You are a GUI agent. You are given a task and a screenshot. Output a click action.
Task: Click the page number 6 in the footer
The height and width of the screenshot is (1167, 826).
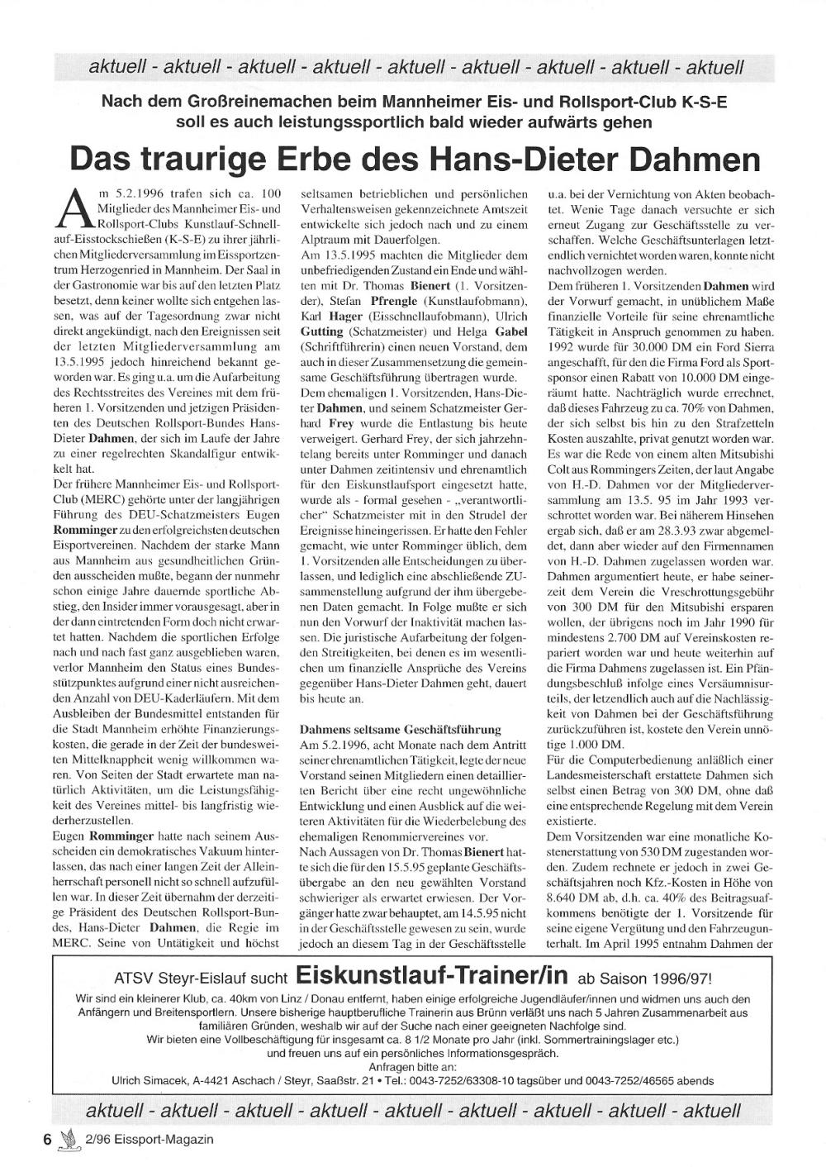[x=48, y=1139]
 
